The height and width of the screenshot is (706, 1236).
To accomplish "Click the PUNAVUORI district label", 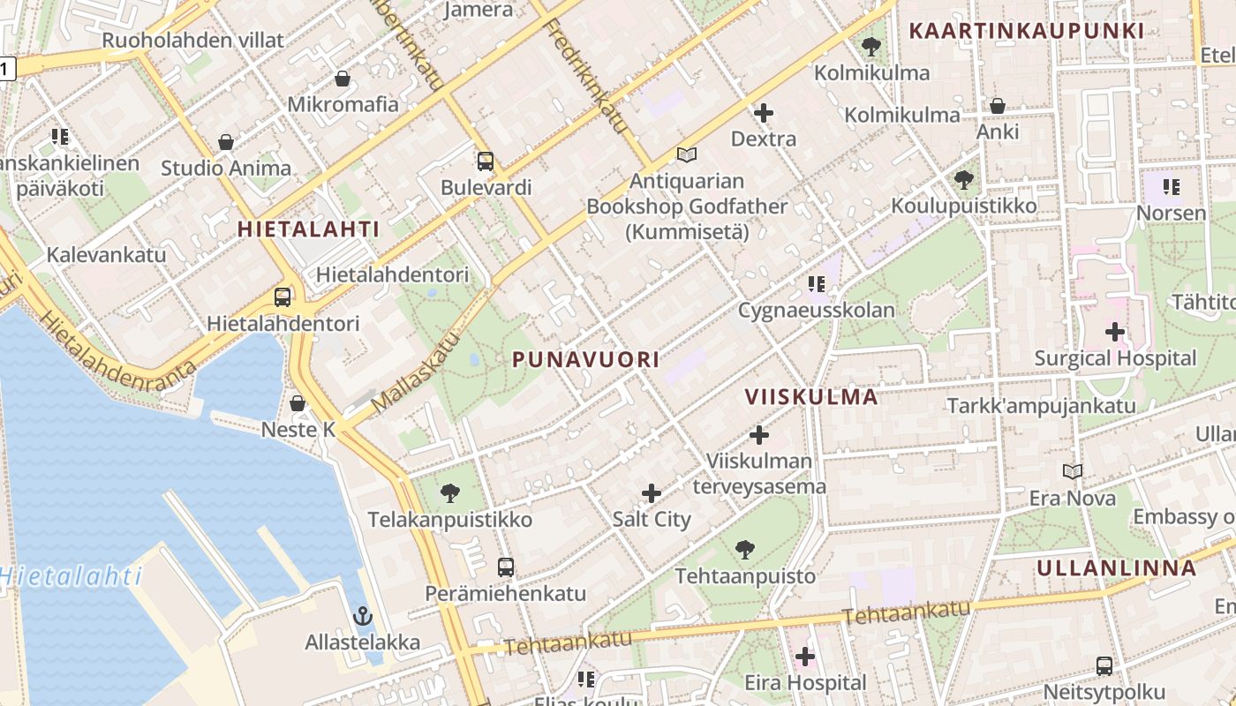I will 585,359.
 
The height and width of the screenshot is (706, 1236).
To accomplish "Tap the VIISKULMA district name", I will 811,396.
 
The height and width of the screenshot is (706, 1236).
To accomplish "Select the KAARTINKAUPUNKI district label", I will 1026,31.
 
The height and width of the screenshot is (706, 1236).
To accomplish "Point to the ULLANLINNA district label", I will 1117,567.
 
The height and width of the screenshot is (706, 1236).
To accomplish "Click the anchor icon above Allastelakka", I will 362,616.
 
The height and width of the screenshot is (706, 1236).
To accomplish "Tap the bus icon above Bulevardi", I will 486,161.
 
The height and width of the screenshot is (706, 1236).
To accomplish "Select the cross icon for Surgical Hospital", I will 1115,332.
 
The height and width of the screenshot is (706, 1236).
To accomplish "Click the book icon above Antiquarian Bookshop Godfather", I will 687,155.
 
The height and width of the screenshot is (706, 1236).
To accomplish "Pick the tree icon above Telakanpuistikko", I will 450,493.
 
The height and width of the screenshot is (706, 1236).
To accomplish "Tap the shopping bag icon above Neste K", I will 298,403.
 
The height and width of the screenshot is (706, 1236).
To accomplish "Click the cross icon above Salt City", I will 652,493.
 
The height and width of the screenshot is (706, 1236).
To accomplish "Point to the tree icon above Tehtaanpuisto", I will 745,550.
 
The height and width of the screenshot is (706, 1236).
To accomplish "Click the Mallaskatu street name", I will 416,372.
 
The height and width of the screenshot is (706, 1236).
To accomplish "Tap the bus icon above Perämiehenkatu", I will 505,567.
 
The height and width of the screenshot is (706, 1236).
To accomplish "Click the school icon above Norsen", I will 1172,187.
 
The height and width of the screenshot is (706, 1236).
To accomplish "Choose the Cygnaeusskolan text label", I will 816,310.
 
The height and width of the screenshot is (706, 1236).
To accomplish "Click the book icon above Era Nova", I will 1073,472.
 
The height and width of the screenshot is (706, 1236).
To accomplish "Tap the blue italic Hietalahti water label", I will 71,577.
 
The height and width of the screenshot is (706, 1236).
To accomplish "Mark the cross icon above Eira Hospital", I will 805,657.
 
